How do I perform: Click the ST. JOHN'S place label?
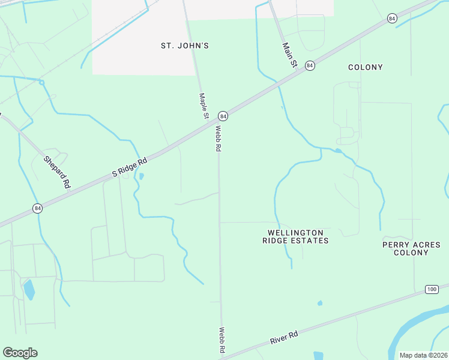point(185,46)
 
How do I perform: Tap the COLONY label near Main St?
point(366,67)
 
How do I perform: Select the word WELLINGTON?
point(296,232)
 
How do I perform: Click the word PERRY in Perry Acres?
point(394,244)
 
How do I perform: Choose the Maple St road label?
point(204,106)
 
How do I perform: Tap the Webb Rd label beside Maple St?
point(218,138)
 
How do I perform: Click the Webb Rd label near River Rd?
point(221,340)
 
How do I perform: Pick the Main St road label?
point(291,54)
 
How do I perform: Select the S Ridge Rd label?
point(130,168)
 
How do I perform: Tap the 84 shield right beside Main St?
point(310,65)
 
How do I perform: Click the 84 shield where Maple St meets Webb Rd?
point(223,115)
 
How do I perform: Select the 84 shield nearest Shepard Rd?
point(38,208)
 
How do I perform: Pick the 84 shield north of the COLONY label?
point(392,19)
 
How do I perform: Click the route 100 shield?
point(432,289)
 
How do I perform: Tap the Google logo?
point(20,353)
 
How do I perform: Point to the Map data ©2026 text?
point(423,355)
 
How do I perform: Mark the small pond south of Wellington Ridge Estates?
point(320,303)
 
